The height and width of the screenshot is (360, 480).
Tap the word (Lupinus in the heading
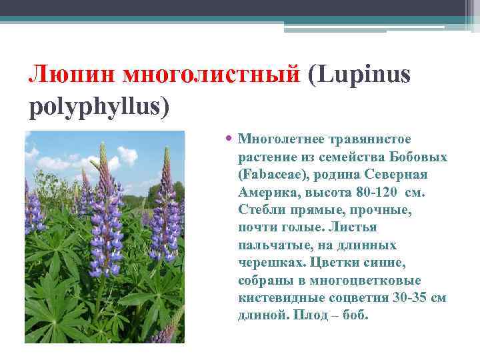click(359, 75)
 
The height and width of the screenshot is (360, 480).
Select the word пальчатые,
click(270, 245)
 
